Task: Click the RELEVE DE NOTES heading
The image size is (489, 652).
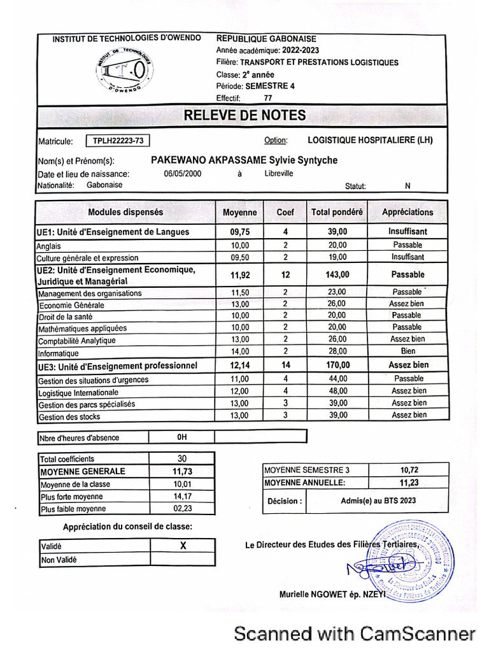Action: tap(244, 115)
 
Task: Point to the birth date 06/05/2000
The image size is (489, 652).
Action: tap(183, 174)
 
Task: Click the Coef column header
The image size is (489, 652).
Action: tap(285, 212)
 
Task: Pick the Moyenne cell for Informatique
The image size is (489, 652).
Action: tap(239, 351)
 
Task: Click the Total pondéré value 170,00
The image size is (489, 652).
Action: tap(337, 365)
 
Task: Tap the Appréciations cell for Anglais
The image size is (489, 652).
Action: tap(407, 245)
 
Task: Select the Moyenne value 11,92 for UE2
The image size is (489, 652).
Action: tap(239, 275)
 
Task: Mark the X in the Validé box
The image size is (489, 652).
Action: tap(183, 546)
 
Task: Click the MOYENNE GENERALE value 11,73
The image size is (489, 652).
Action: tap(182, 472)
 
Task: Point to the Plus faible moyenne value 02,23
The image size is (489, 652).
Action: tap(182, 509)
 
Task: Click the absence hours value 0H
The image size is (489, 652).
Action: tap(182, 437)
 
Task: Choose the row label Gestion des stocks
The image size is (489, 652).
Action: tap(69, 417)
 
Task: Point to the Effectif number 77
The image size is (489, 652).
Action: tap(267, 98)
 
